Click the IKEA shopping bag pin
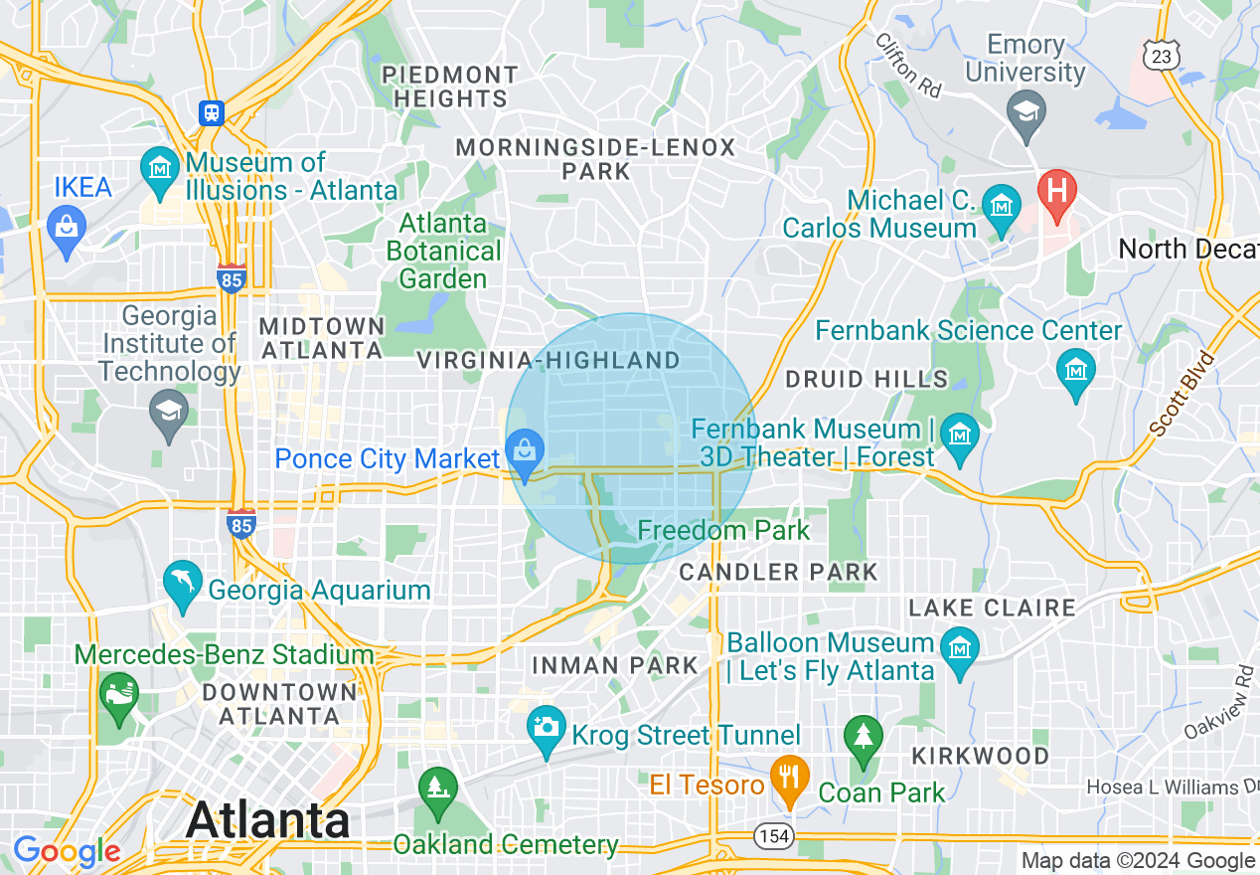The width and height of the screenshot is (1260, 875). (x=67, y=228)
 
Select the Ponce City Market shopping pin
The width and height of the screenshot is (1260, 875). (x=526, y=454)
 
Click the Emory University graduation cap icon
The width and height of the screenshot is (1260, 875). (x=1024, y=111)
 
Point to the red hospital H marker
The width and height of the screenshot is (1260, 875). (x=1056, y=188)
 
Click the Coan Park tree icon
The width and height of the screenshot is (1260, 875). (x=863, y=738)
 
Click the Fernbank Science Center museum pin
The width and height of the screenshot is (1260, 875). (x=1075, y=369)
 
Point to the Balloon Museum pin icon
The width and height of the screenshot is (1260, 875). (x=960, y=648)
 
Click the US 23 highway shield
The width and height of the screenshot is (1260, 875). (x=1160, y=56)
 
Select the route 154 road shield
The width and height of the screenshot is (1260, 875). (x=772, y=836)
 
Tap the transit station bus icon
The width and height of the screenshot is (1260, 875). (x=212, y=112)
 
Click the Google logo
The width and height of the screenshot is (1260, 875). (x=67, y=851)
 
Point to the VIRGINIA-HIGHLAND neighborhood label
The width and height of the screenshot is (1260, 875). (x=549, y=360)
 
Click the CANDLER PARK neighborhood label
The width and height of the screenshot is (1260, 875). (x=778, y=572)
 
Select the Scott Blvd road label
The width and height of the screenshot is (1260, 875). (x=1181, y=394)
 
